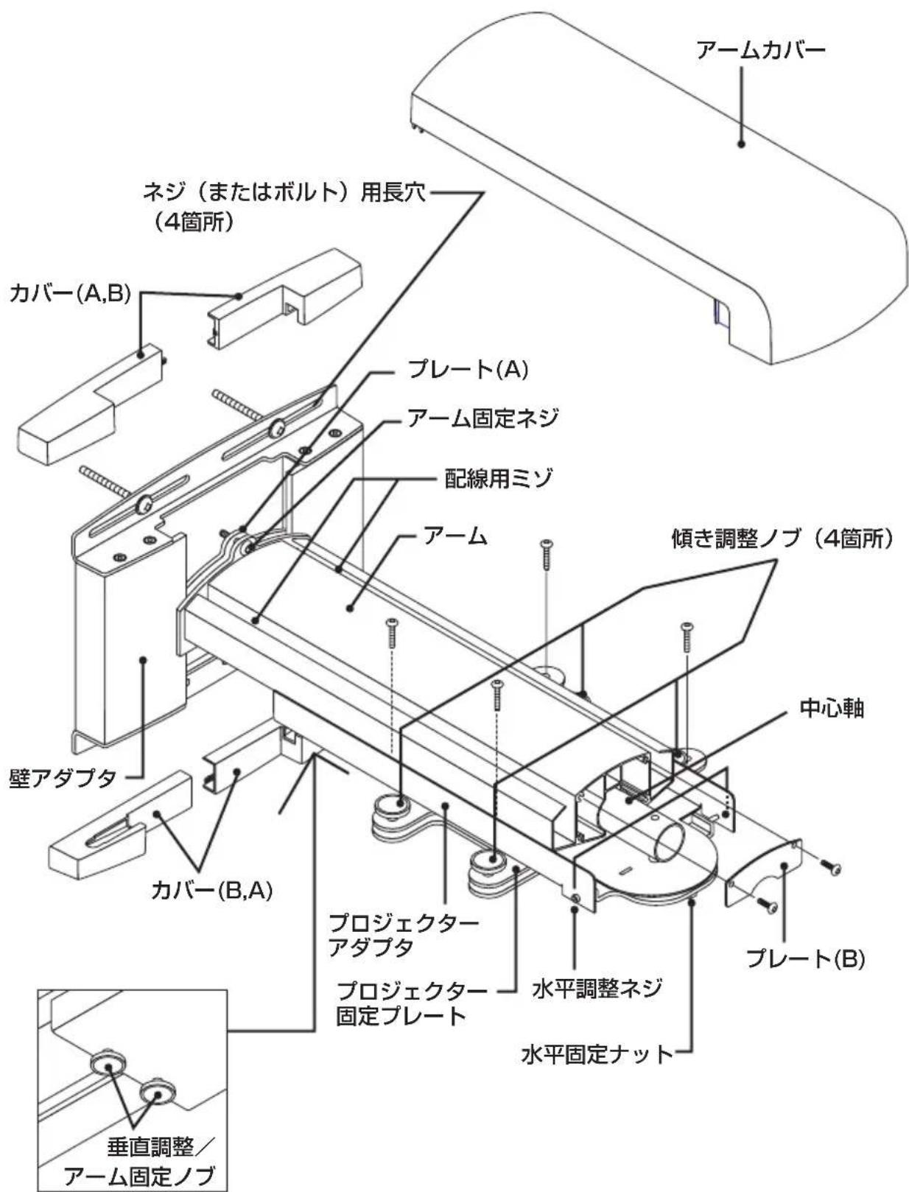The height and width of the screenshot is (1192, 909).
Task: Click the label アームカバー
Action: pyautogui.click(x=760, y=50)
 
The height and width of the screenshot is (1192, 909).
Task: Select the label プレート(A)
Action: pyautogui.click(x=468, y=369)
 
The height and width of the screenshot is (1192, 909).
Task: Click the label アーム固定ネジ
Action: pyautogui.click(x=482, y=418)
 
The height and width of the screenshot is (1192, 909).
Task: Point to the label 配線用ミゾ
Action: pyautogui.click(x=498, y=479)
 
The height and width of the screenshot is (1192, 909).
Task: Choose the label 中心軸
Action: pyautogui.click(x=832, y=709)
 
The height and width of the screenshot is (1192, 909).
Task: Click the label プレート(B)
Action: pyautogui.click(x=804, y=958)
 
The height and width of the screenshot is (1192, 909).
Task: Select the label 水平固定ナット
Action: pyautogui.click(x=597, y=1054)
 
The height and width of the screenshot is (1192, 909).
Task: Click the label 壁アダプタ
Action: pyautogui.click(x=63, y=777)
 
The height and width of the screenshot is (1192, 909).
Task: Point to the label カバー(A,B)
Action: pyautogui.click(x=70, y=294)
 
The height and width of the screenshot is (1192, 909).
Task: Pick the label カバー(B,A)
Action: pyautogui.click(x=211, y=890)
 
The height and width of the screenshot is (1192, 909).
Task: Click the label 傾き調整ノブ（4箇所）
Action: pyautogui.click(x=782, y=539)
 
